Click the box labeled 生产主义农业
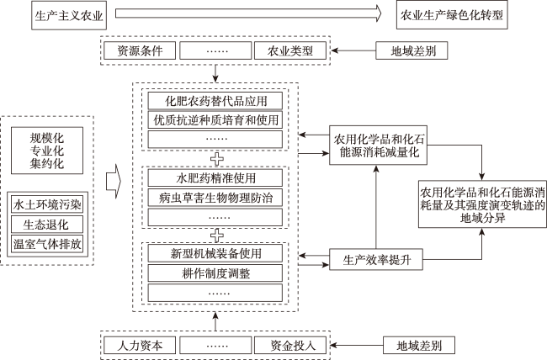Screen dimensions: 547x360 click(x=69, y=15)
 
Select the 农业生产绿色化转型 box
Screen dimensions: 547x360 click(x=452, y=15)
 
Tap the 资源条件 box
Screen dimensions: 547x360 click(x=140, y=50)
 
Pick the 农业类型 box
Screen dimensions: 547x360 click(x=290, y=50)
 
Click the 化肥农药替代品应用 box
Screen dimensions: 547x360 click(x=215, y=101)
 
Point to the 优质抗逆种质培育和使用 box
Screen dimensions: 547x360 click(x=215, y=120)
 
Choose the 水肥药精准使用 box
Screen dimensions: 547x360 click(x=215, y=178)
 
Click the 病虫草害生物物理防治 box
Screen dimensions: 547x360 click(x=215, y=198)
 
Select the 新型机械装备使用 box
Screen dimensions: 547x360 click(x=215, y=253)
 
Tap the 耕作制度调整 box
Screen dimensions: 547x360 click(x=215, y=273)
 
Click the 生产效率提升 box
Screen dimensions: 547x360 click(x=376, y=259)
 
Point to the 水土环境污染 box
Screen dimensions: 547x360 click(x=47, y=204)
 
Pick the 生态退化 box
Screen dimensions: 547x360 click(x=47, y=225)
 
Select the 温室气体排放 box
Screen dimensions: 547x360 click(x=47, y=243)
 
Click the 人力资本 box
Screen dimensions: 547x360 click(x=140, y=346)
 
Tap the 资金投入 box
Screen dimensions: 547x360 click(x=290, y=346)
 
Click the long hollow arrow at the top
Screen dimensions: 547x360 click(x=248, y=13)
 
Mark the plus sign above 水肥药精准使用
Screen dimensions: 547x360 click(x=217, y=159)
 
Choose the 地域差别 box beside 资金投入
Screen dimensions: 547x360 click(x=419, y=346)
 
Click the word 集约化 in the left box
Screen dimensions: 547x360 click(x=47, y=163)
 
